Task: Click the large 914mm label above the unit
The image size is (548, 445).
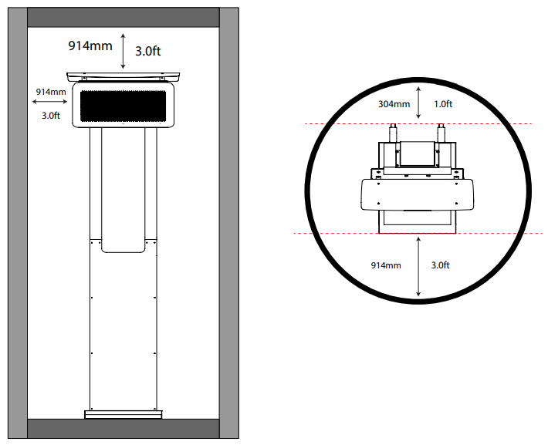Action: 90,46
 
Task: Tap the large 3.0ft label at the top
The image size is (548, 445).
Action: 148,52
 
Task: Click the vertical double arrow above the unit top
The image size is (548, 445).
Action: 123,51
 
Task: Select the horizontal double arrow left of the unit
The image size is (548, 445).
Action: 49,102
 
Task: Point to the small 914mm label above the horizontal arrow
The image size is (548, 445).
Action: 51,92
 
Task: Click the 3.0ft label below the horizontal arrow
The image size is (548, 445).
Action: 51,115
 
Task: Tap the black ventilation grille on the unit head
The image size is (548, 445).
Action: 123,106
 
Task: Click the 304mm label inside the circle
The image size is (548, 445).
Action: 394,104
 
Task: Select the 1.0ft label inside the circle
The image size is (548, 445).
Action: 443,104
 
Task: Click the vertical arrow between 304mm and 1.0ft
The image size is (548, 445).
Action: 418,103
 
